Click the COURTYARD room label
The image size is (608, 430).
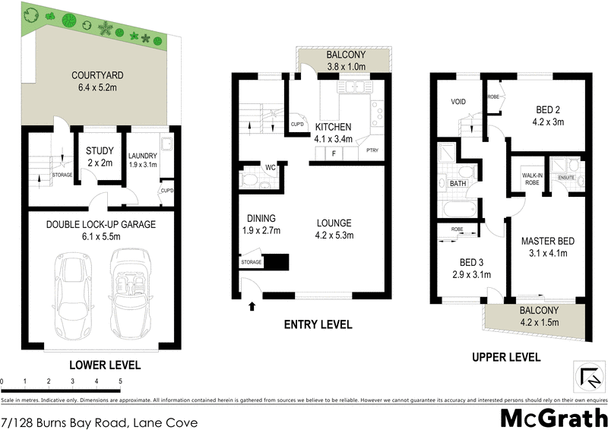(97, 75)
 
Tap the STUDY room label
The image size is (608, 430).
(100, 150)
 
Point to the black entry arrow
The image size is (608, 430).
(252, 306)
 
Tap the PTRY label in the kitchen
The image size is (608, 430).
(372, 150)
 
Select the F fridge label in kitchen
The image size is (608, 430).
(333, 153)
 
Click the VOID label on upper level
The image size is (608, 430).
(458, 101)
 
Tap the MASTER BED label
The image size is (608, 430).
(547, 242)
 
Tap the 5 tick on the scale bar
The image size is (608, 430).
(120, 381)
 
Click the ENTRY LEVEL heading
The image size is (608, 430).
(318, 324)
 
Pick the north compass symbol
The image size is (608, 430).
(587, 375)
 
